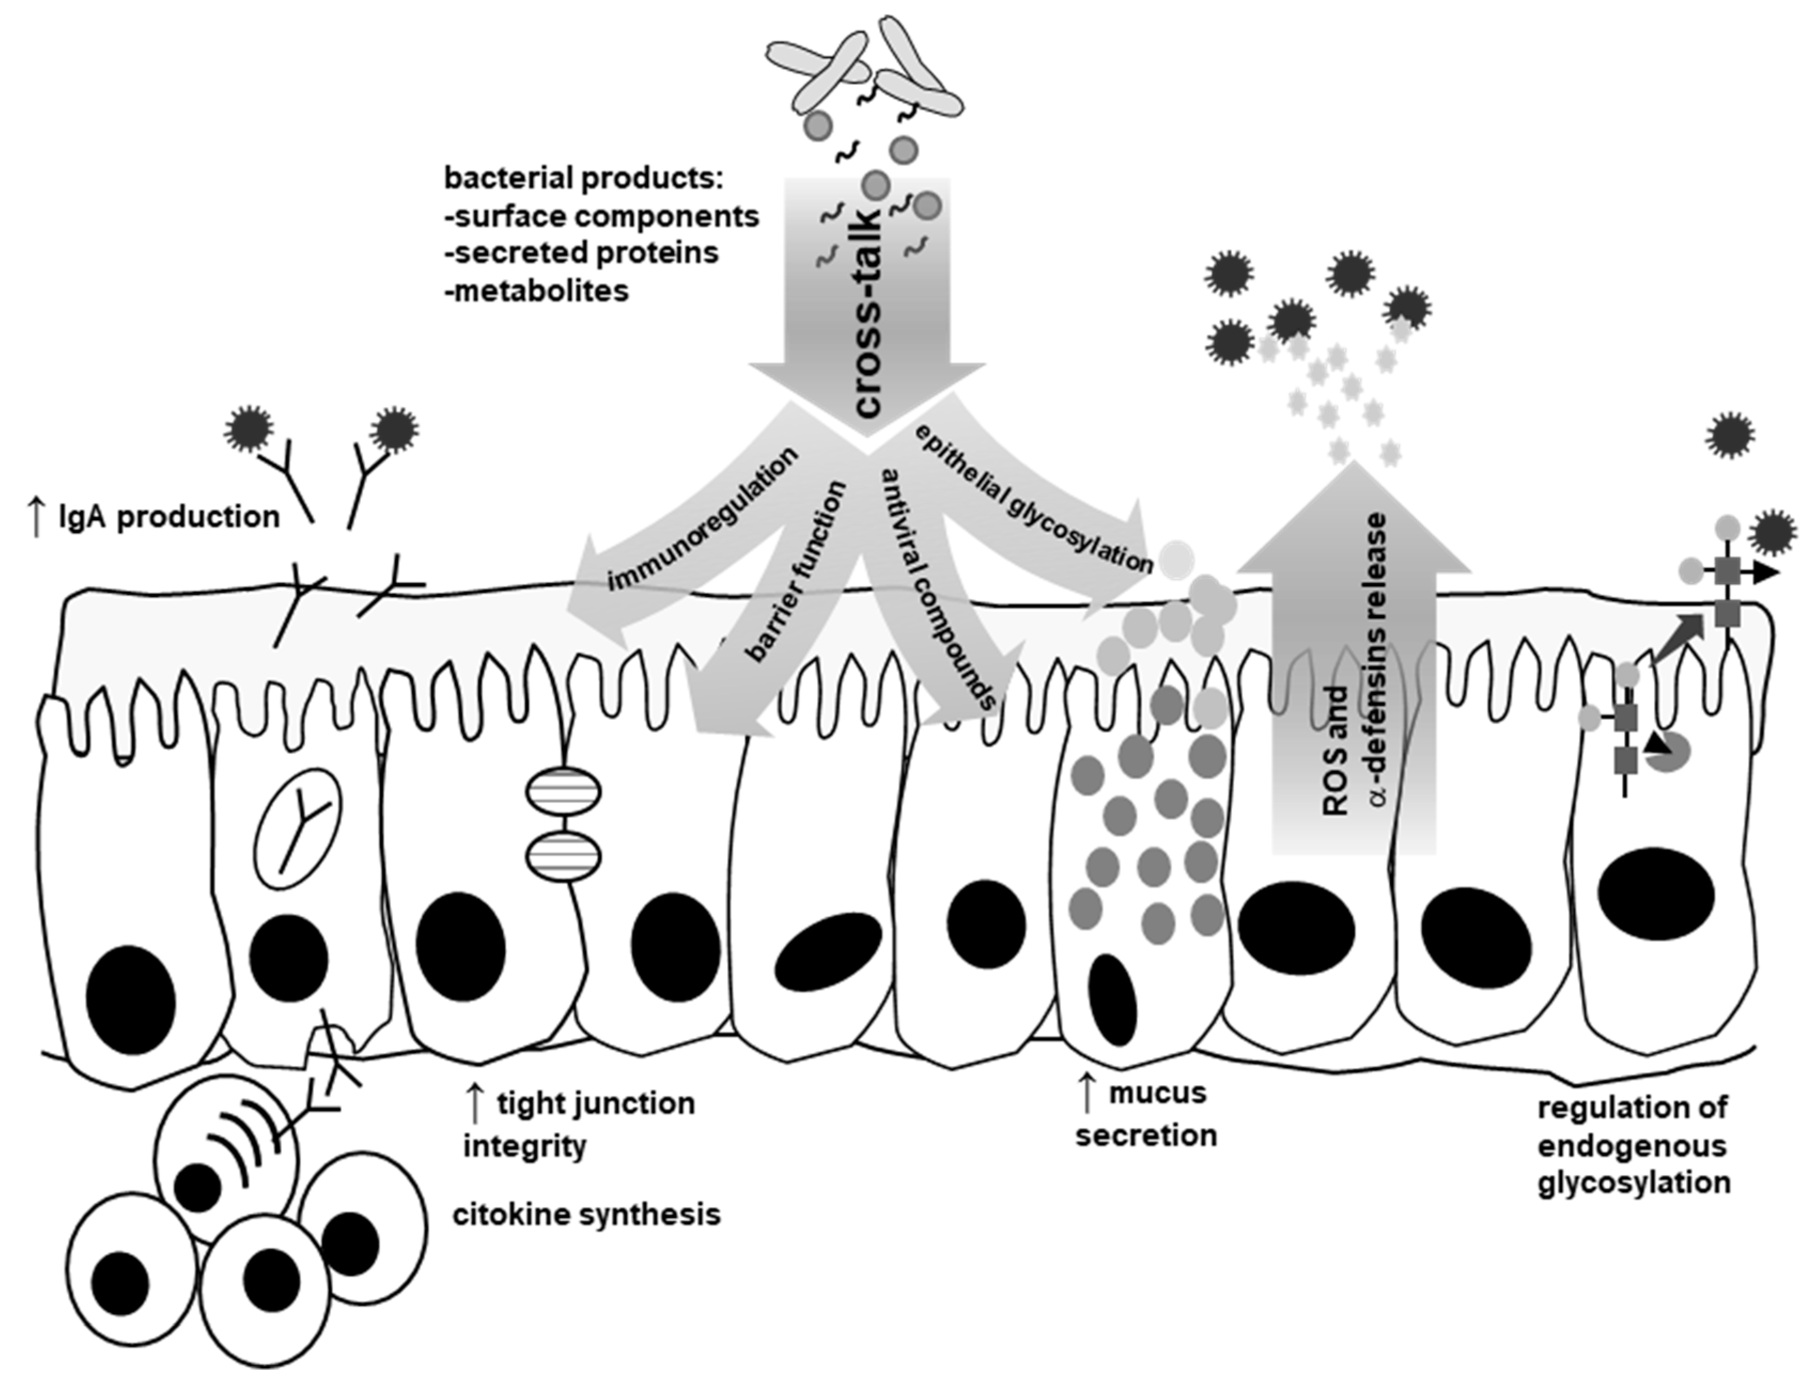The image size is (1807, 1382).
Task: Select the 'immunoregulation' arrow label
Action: click(704, 520)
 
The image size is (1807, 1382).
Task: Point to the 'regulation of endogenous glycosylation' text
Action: click(1633, 1145)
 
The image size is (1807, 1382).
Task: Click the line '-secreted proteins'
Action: click(581, 253)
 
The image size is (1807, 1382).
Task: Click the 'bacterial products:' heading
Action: click(582, 178)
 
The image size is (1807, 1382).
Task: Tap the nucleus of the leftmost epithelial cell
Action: click(131, 1000)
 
